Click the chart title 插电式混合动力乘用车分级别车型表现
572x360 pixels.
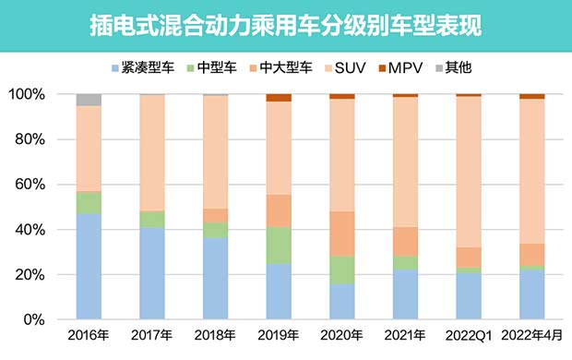click(286, 25)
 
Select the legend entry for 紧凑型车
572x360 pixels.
click(138, 67)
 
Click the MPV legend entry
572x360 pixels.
click(407, 67)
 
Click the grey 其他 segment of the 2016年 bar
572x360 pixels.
click(89, 100)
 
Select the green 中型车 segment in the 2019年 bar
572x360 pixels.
click(279, 245)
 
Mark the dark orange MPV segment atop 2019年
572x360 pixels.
click(279, 98)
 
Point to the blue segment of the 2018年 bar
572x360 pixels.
click(215, 278)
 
